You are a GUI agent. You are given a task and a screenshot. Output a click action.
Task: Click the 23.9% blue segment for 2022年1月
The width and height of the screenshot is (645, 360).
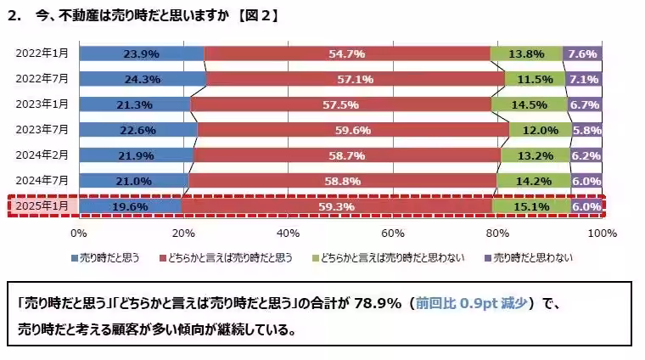(x=142, y=53)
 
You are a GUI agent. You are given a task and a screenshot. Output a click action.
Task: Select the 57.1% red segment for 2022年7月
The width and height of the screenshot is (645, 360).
(x=355, y=79)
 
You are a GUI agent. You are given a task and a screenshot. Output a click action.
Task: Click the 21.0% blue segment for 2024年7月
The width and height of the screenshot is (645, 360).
(x=134, y=181)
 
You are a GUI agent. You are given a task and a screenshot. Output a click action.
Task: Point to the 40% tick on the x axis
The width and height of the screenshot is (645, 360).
(x=289, y=233)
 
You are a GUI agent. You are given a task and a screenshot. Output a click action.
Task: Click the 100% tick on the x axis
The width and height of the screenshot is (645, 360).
(x=600, y=233)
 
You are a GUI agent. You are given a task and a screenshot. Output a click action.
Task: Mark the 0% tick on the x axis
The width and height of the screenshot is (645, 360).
(x=79, y=233)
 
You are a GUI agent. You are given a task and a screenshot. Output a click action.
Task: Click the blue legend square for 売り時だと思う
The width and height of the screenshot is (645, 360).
(x=76, y=256)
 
